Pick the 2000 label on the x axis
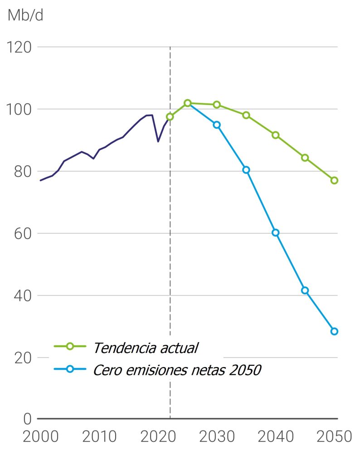tap(41, 437)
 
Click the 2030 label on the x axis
tap(217, 437)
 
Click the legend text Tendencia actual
tap(146, 348)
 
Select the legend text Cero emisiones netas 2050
tap(177, 370)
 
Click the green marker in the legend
tap(70, 347)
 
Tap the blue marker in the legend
tap(70, 369)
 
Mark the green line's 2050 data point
tap(334, 180)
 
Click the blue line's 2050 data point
tap(334, 331)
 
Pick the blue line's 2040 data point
tap(275, 232)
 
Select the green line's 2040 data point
tap(275, 135)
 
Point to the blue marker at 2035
tap(246, 170)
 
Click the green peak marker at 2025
tap(187, 103)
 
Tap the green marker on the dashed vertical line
tap(170, 116)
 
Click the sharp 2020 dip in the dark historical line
tap(158, 141)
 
